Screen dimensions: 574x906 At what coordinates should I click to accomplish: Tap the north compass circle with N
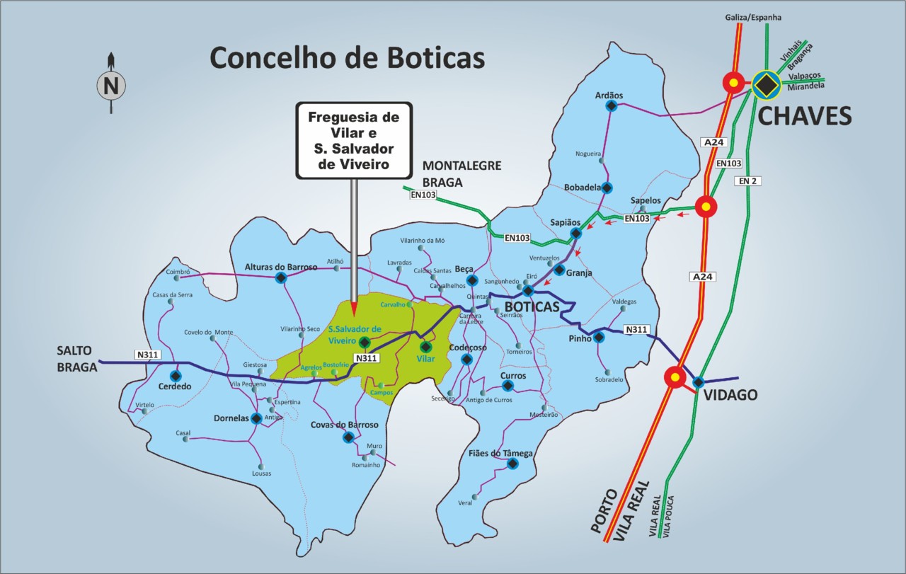(110, 86)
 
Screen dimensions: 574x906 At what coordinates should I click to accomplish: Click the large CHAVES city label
(805, 116)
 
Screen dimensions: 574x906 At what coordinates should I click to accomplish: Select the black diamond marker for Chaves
(765, 84)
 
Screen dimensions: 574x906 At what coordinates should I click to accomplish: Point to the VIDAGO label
(730, 395)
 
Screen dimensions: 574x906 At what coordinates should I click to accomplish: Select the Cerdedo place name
(173, 387)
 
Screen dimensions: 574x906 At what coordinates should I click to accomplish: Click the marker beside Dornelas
(256, 418)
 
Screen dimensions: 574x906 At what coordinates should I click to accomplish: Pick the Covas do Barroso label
(345, 425)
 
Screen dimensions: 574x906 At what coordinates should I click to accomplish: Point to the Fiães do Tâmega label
(500, 453)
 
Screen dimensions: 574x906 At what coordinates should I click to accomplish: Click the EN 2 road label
(747, 181)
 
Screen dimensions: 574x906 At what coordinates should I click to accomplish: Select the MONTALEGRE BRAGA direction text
(461, 173)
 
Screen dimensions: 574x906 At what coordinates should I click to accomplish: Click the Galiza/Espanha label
(753, 17)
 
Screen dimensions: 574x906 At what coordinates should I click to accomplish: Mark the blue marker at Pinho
(599, 338)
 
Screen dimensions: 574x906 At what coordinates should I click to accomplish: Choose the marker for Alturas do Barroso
(281, 277)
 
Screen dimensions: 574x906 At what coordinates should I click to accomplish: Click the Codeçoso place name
(468, 348)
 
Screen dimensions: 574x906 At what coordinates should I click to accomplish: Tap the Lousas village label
(261, 473)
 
